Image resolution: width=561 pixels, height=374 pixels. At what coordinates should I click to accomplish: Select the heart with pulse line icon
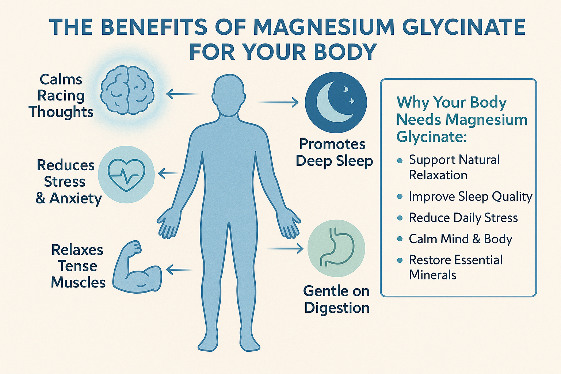tap(126, 175)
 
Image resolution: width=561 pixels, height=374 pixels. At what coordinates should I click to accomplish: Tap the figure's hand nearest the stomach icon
tap(289, 223)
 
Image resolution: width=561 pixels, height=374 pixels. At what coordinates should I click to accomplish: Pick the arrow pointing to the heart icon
tap(168, 173)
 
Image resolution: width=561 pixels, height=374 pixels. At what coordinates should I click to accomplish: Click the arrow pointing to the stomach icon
tap(285, 248)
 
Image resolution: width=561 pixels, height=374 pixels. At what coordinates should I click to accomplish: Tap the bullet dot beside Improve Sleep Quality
tap(400, 197)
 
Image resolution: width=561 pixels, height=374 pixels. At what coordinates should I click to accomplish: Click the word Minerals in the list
tap(432, 275)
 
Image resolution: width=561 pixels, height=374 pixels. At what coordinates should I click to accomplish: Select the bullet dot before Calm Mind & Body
tap(400, 239)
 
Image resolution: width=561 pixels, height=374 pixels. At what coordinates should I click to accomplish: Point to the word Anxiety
tap(75, 198)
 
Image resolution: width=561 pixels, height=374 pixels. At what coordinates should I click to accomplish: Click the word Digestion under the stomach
tap(337, 308)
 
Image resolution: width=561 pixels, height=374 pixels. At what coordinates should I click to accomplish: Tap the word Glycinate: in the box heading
tap(432, 137)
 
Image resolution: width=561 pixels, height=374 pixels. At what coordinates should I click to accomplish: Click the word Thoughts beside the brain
tap(61, 112)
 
